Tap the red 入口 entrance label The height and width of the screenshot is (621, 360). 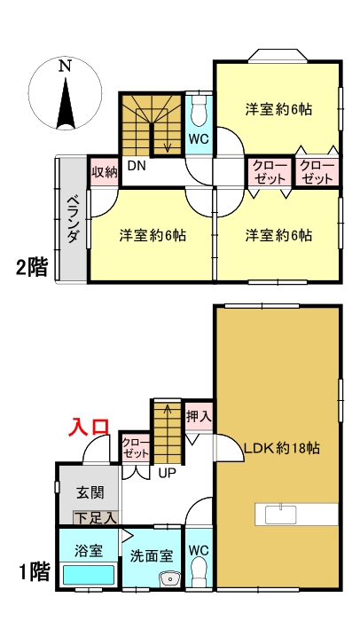[90, 427]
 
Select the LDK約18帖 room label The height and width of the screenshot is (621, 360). [280, 448]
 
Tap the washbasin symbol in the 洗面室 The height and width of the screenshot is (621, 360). [168, 579]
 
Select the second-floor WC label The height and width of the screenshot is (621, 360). [200, 138]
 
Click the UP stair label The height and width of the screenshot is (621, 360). [166, 473]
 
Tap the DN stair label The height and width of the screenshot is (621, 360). [137, 166]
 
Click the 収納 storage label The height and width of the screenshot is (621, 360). [104, 172]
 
